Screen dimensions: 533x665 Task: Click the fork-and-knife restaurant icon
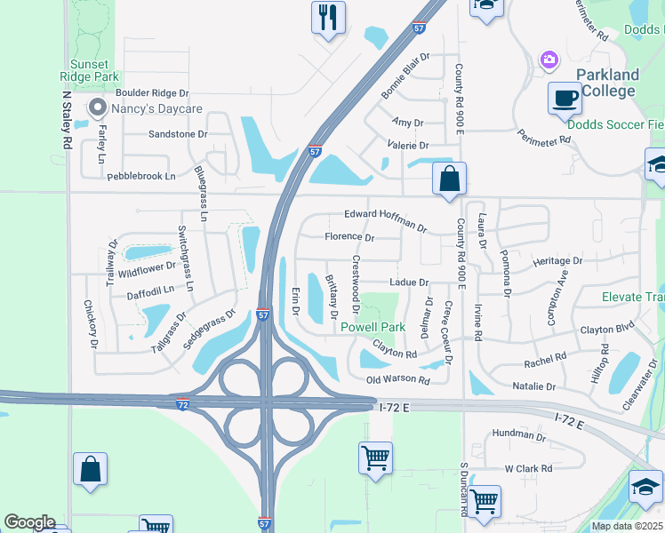tap(328, 16)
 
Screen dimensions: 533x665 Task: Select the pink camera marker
tap(549, 60)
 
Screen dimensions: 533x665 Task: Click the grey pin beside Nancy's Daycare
tap(97, 108)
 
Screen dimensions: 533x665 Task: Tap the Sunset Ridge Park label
tap(89, 71)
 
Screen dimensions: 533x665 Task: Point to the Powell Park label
tap(373, 327)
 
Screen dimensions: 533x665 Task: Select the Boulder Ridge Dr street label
tap(153, 92)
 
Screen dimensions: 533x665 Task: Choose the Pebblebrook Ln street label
tap(141, 176)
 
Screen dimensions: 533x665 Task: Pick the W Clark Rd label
tap(528, 468)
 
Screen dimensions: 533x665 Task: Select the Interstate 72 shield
tap(181, 405)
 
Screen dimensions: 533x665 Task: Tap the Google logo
tap(29, 522)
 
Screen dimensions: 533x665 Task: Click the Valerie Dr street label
tap(408, 145)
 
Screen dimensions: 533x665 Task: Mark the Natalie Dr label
tap(534, 386)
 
